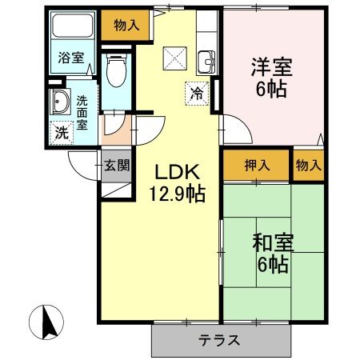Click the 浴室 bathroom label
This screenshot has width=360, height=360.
pos(71,58)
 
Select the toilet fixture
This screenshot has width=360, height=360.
pos(115,71)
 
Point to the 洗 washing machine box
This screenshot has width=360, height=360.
pos(61,132)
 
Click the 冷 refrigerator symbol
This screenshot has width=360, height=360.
pos(197,93)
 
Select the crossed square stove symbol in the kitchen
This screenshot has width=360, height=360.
pos(175,58)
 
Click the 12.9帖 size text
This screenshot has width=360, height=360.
pos(176,194)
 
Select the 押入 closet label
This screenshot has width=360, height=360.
pos(257,166)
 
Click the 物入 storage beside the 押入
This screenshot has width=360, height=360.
pos(308,166)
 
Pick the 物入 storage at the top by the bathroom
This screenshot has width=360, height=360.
pos(126,25)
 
